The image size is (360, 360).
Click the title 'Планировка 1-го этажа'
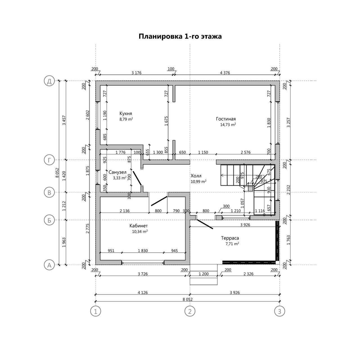tap(180, 36)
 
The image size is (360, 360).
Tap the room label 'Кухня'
tap(126, 113)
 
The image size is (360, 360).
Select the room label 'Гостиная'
tap(226, 119)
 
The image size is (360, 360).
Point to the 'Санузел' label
tap(118, 172)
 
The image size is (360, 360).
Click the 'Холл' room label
tap(196, 175)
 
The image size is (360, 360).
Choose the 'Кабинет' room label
tap(139, 226)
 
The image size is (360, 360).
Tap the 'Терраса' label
tap(230, 238)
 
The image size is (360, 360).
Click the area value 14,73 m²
tap(228, 125)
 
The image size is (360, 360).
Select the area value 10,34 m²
tap(140, 232)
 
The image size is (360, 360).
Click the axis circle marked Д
tap(49, 81)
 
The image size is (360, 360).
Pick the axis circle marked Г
tap(49, 160)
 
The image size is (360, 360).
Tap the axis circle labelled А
tap(49, 265)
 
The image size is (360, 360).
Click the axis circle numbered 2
tap(190, 311)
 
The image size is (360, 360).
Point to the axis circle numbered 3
tap(280, 311)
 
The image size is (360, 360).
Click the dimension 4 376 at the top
tap(225, 73)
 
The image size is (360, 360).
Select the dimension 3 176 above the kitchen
tap(136, 73)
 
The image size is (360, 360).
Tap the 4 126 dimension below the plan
tap(143, 292)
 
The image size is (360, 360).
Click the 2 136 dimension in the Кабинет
tap(124, 211)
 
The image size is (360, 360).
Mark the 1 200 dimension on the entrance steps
tap(204, 274)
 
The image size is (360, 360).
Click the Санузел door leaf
tap(137, 178)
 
